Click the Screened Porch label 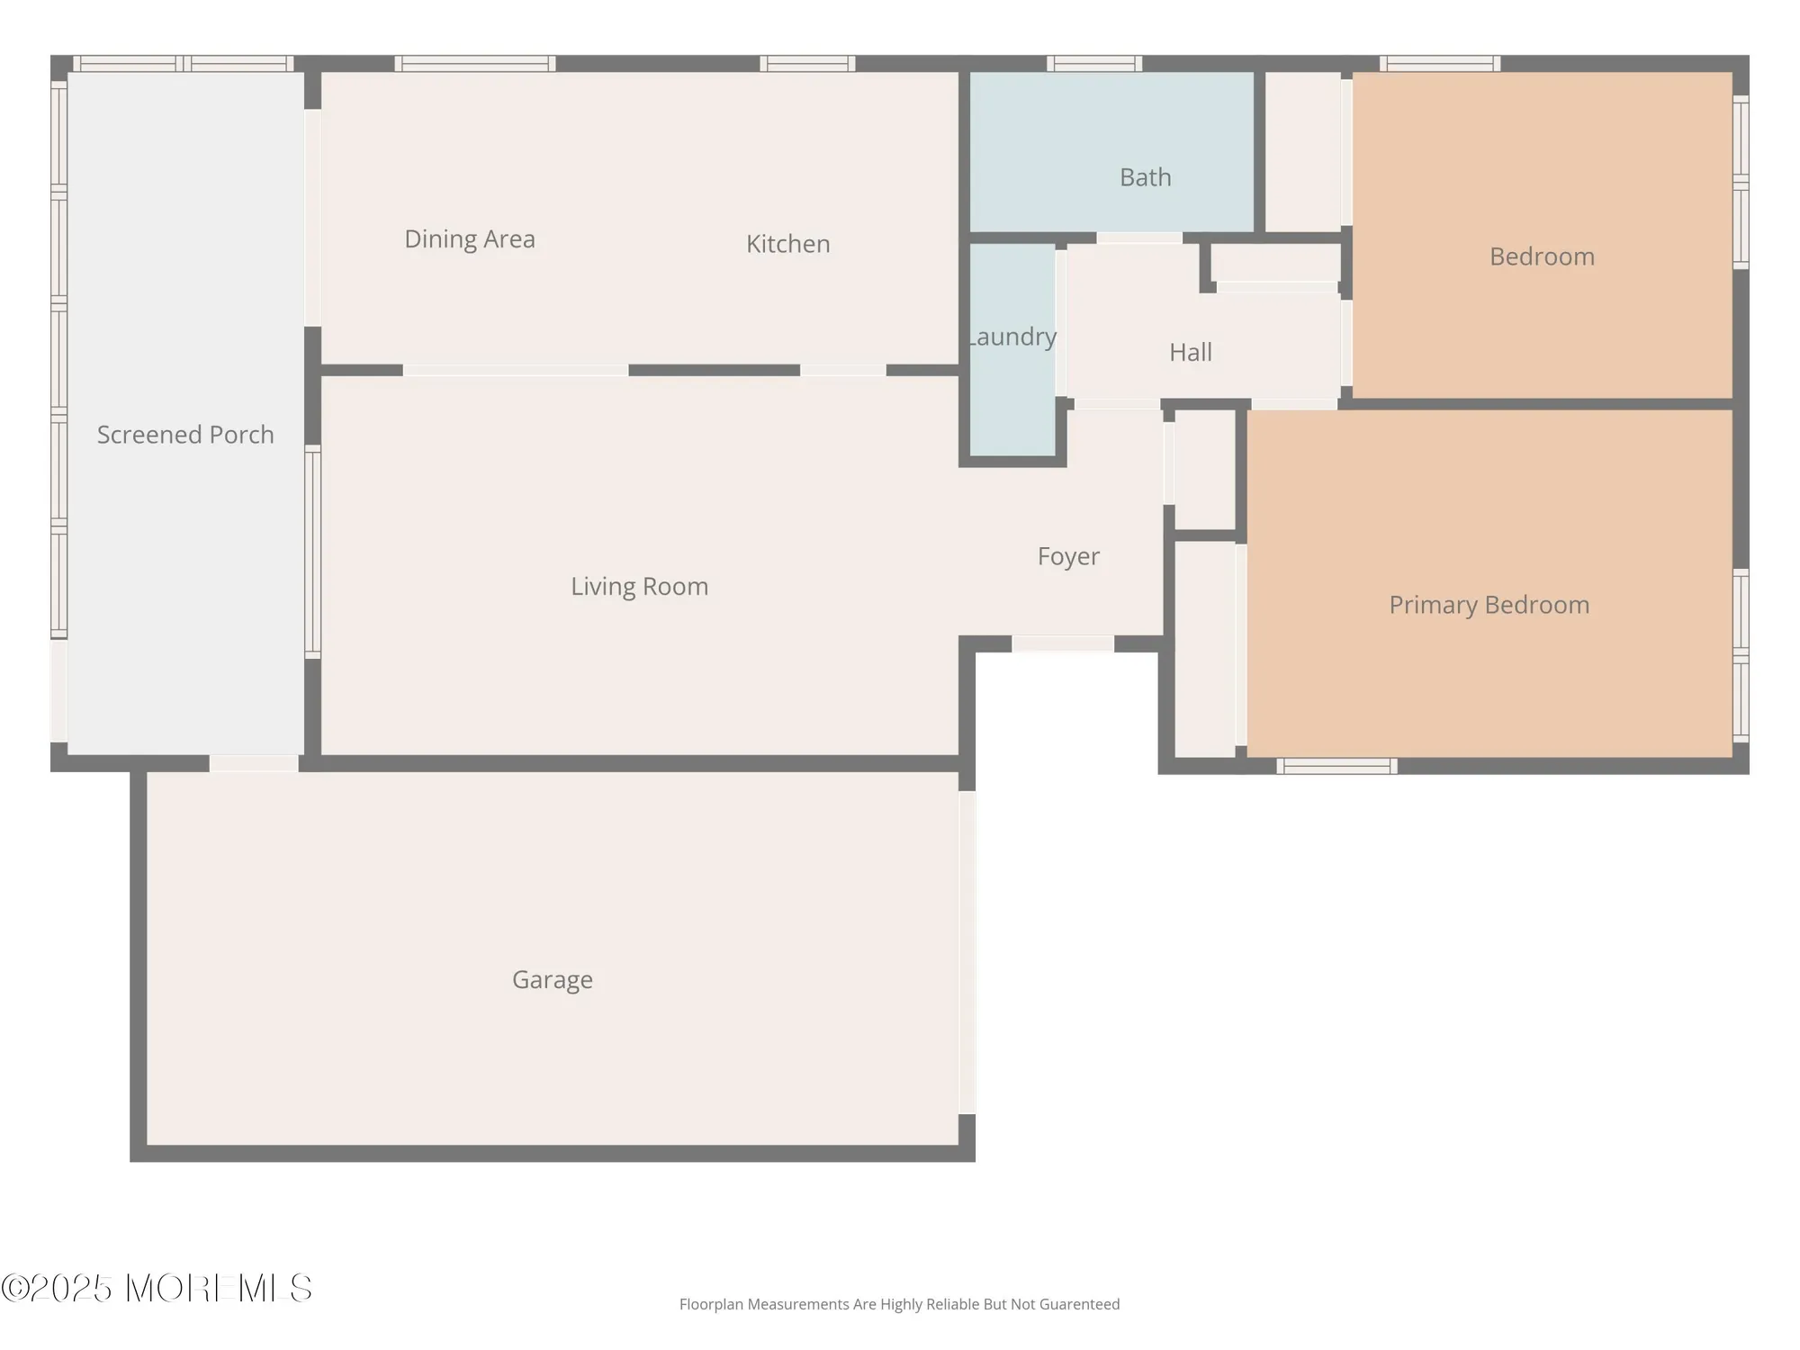tap(185, 435)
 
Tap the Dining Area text tap(469, 239)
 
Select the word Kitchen tap(787, 244)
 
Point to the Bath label tap(1145, 177)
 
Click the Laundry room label tap(1012, 337)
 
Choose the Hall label tap(1190, 352)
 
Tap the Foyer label tap(1067, 556)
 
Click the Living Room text tap(639, 587)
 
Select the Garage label tap(552, 979)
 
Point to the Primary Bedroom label tap(1489, 605)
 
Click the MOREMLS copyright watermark tap(157, 1288)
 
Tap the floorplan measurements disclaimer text tap(899, 1304)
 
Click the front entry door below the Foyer tap(1063, 643)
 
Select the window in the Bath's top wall tap(1093, 64)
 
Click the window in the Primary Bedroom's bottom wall tap(1336, 766)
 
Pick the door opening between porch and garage tap(254, 763)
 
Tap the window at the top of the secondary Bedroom tap(1440, 64)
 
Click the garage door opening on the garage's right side tap(967, 952)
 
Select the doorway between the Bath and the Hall tap(1138, 238)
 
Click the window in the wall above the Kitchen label tap(807, 64)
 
